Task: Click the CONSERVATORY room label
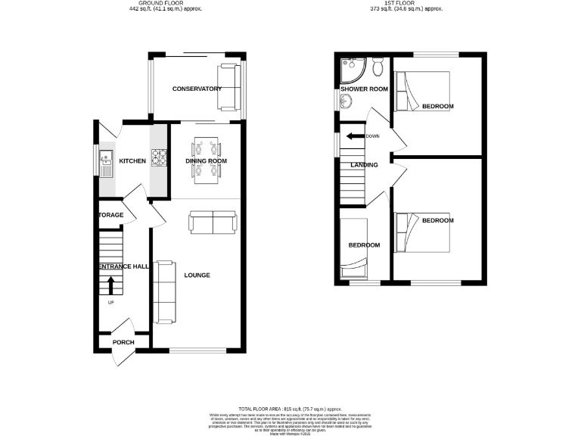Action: pos(197,89)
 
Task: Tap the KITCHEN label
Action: pos(132,161)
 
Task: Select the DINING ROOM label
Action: pos(207,161)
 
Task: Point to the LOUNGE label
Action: pos(197,275)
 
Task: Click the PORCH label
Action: pos(123,342)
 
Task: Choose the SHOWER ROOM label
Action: pos(364,89)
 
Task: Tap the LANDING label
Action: pos(363,164)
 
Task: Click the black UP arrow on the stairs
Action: pos(111,285)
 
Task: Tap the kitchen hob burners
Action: pos(159,157)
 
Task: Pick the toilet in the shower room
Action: pos(379,69)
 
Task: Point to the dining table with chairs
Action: pos(207,160)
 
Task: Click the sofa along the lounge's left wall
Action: pos(164,291)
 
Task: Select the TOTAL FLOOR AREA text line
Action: pos(290,408)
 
